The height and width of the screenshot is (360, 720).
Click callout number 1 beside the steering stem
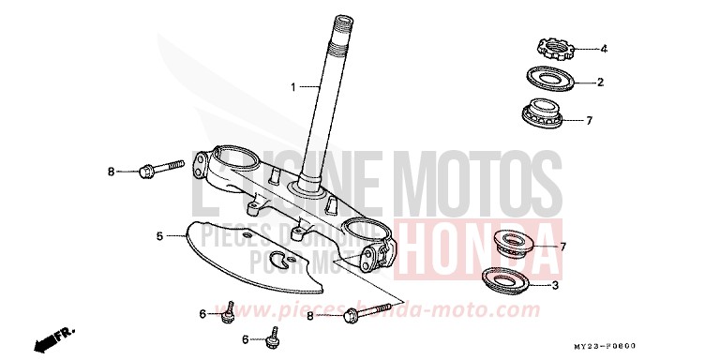tap(293, 87)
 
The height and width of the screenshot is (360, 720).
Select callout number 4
tap(604, 48)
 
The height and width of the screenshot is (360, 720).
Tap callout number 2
tap(600, 82)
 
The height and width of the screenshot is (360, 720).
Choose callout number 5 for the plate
tap(159, 235)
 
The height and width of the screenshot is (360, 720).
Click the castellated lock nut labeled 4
tap(551, 45)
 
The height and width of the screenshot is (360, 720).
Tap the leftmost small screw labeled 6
tap(228, 313)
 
